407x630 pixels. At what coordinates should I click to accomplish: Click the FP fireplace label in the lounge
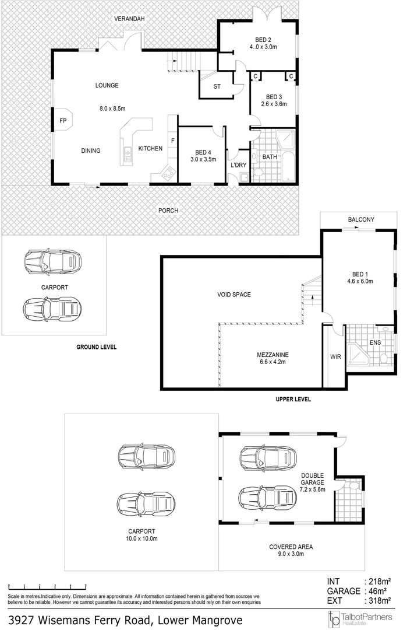[x=63, y=121]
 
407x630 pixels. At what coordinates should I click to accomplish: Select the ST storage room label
[x=217, y=87]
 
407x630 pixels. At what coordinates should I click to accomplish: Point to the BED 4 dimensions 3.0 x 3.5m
[x=203, y=159]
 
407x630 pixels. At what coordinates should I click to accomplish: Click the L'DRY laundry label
[x=239, y=165]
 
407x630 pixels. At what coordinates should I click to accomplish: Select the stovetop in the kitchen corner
[x=168, y=172]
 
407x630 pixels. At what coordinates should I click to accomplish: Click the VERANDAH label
[x=129, y=19]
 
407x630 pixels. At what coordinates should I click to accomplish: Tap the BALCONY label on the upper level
[x=361, y=219]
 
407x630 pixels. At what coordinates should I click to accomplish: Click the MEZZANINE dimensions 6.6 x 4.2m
[x=272, y=362]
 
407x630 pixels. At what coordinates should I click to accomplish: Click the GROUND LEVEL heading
[x=97, y=346]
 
